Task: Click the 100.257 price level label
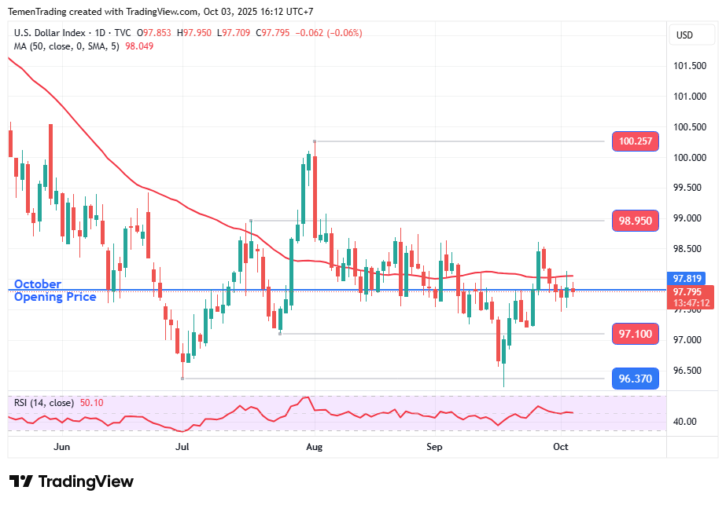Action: click(x=636, y=141)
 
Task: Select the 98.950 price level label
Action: click(x=636, y=221)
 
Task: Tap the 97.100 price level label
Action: click(x=636, y=334)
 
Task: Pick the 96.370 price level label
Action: click(x=636, y=379)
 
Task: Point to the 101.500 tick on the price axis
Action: click(x=689, y=65)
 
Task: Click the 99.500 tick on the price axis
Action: click(x=689, y=188)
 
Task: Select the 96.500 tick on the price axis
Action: click(x=689, y=371)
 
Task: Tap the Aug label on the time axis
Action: click(x=314, y=446)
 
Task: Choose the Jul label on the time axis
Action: click(x=182, y=446)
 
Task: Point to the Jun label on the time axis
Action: click(x=62, y=446)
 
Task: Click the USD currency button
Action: click(x=684, y=35)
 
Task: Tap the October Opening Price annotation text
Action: click(x=55, y=291)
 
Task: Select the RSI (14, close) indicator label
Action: click(x=44, y=403)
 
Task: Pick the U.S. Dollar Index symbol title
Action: click(x=59, y=33)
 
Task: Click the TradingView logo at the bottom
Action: click(x=72, y=481)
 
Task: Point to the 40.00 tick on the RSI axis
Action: click(x=686, y=421)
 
